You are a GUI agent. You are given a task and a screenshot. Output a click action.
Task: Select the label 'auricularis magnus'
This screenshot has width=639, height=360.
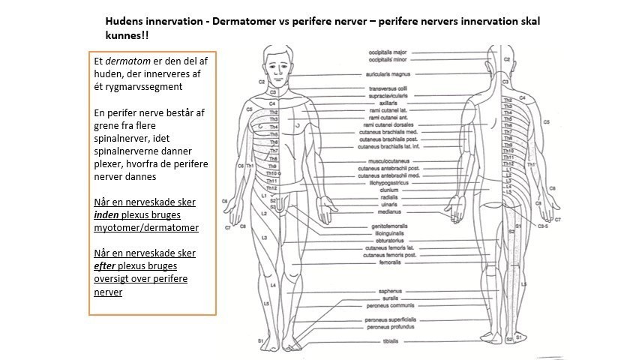386,73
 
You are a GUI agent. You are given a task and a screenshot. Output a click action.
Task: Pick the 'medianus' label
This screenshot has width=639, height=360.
382,211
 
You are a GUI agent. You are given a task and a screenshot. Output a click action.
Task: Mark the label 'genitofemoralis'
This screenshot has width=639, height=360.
382,226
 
